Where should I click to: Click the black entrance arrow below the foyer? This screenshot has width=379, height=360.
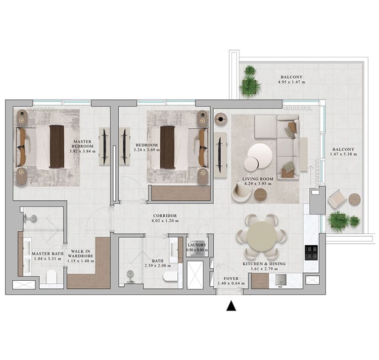[231, 306]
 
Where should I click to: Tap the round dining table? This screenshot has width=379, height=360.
[261, 237]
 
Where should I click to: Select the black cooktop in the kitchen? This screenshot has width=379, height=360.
[311, 253]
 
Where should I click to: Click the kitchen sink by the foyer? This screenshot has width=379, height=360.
[281, 280]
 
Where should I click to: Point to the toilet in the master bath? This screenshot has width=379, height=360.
[51, 276]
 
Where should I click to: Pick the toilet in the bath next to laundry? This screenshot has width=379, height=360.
[170, 276]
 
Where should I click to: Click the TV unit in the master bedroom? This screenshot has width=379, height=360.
[104, 147]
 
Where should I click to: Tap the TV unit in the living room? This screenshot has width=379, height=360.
[220, 155]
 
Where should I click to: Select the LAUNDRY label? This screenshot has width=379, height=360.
[197, 245]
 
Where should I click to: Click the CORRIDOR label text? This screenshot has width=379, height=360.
[165, 215]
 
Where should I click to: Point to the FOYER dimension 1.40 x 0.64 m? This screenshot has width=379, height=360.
[231, 283]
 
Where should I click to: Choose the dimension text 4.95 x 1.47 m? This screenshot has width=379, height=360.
[291, 82]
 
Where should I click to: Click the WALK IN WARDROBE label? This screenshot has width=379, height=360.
[81, 254]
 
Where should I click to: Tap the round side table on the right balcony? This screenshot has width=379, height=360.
[355, 200]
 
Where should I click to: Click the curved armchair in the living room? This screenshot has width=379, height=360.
[241, 192]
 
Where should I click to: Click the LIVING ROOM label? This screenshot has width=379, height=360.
[258, 179]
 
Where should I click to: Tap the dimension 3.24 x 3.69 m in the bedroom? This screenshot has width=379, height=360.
[147, 150]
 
